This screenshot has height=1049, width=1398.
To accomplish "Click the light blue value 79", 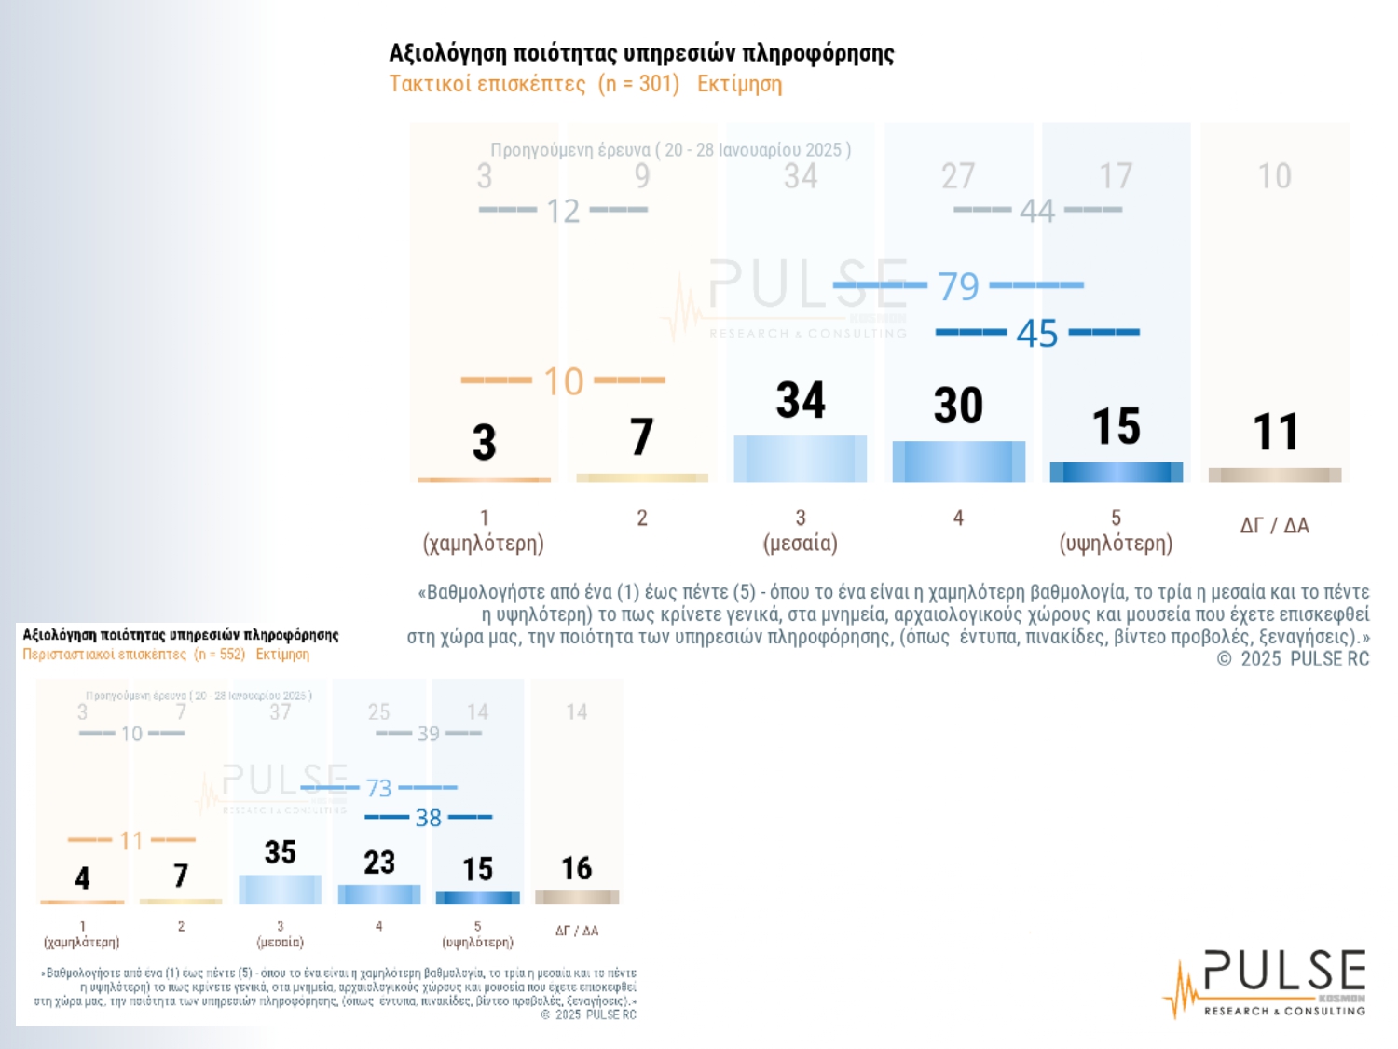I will click(958, 286).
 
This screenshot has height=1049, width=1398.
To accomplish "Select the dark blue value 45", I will click(1036, 333).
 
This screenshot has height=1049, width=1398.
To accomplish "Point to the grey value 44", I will click(1036, 211).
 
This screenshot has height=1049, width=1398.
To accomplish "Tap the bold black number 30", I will click(958, 406).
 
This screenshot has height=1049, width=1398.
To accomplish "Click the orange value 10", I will click(563, 381).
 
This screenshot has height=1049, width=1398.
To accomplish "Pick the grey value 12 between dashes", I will click(563, 212).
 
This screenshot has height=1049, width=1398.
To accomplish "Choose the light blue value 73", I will click(378, 789).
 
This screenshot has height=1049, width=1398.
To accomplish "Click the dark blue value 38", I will click(428, 818).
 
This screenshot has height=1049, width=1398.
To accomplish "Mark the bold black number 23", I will click(379, 863).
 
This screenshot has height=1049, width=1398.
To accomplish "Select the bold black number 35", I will click(280, 852).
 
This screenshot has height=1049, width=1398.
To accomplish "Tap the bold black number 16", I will click(576, 869).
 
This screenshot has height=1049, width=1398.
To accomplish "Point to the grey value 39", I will click(428, 734).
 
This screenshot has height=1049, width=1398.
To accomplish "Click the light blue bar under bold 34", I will click(800, 459).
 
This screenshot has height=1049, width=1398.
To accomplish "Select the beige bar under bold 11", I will click(1274, 476).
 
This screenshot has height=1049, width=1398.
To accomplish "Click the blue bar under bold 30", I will click(958, 462).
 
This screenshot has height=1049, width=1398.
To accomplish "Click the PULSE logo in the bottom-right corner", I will click(1268, 983).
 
